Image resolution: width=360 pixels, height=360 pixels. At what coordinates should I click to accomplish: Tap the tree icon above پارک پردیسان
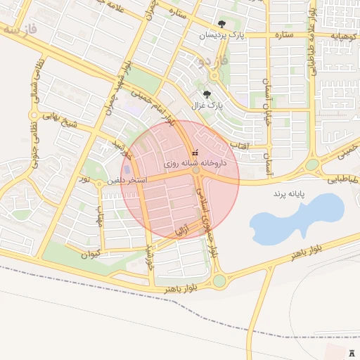coord(222,25)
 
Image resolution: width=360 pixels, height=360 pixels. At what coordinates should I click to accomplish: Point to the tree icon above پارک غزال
coord(207,94)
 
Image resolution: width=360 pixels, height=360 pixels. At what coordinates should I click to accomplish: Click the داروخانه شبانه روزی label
coord(195,162)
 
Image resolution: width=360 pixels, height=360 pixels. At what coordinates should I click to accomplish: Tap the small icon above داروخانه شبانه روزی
coord(195,153)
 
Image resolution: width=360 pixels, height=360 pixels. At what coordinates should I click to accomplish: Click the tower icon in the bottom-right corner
coord(351,351)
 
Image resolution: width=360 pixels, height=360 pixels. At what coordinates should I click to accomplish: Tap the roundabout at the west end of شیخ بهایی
coord(32,115)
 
